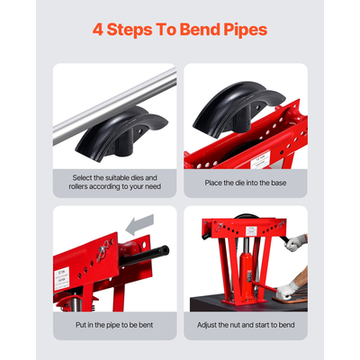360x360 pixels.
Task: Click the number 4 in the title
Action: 99,28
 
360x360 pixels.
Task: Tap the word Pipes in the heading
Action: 240,28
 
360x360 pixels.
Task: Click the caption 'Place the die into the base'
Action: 246,184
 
